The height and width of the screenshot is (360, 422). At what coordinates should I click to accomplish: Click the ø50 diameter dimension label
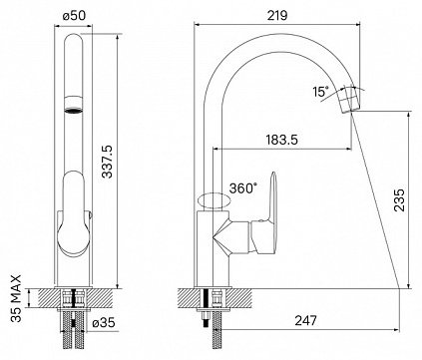coord(74,16)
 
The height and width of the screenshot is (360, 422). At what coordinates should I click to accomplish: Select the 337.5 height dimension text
coord(107,162)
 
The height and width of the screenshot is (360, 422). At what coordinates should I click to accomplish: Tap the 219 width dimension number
coord(277,15)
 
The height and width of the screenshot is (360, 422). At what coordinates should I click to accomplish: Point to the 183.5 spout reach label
coord(282,140)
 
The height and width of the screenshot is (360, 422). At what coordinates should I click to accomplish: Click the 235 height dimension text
coord(399,200)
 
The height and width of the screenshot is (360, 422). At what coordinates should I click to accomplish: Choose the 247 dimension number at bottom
coord(306,321)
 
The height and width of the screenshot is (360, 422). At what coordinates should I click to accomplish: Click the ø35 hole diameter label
coord(104,322)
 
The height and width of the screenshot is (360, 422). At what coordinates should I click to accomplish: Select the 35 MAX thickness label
coord(16,298)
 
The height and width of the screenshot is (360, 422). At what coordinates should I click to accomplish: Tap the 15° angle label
coord(320,92)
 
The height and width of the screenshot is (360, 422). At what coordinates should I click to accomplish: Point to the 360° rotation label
coord(243,188)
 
